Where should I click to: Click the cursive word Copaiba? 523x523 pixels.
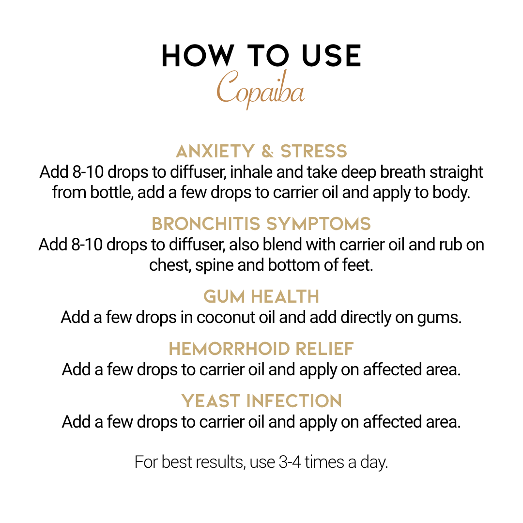coord(261,89)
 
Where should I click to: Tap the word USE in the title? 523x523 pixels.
coord(331,56)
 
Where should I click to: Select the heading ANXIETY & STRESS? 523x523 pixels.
coord(261,151)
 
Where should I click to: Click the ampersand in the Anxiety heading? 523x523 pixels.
coord(267,151)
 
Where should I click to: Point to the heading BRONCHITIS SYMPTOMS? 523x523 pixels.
coord(261,223)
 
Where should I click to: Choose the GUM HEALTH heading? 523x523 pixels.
coord(261,296)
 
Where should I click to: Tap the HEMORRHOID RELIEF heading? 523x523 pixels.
coord(261,349)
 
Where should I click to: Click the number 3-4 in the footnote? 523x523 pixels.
coord(290,462)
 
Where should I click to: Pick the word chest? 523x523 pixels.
coord(170,265)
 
